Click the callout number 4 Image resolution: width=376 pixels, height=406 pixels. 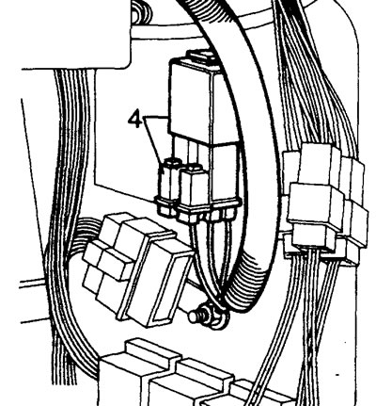(135, 120)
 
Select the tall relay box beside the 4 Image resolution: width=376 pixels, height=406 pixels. (200, 101)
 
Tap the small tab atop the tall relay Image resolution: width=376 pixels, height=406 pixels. (200, 56)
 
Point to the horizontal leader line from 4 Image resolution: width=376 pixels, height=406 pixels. (156, 117)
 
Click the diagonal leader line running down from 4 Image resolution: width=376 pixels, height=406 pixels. (154, 138)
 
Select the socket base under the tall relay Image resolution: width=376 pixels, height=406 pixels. (209, 182)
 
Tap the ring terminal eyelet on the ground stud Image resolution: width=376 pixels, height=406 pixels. (218, 318)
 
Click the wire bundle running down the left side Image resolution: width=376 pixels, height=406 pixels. (64, 219)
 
